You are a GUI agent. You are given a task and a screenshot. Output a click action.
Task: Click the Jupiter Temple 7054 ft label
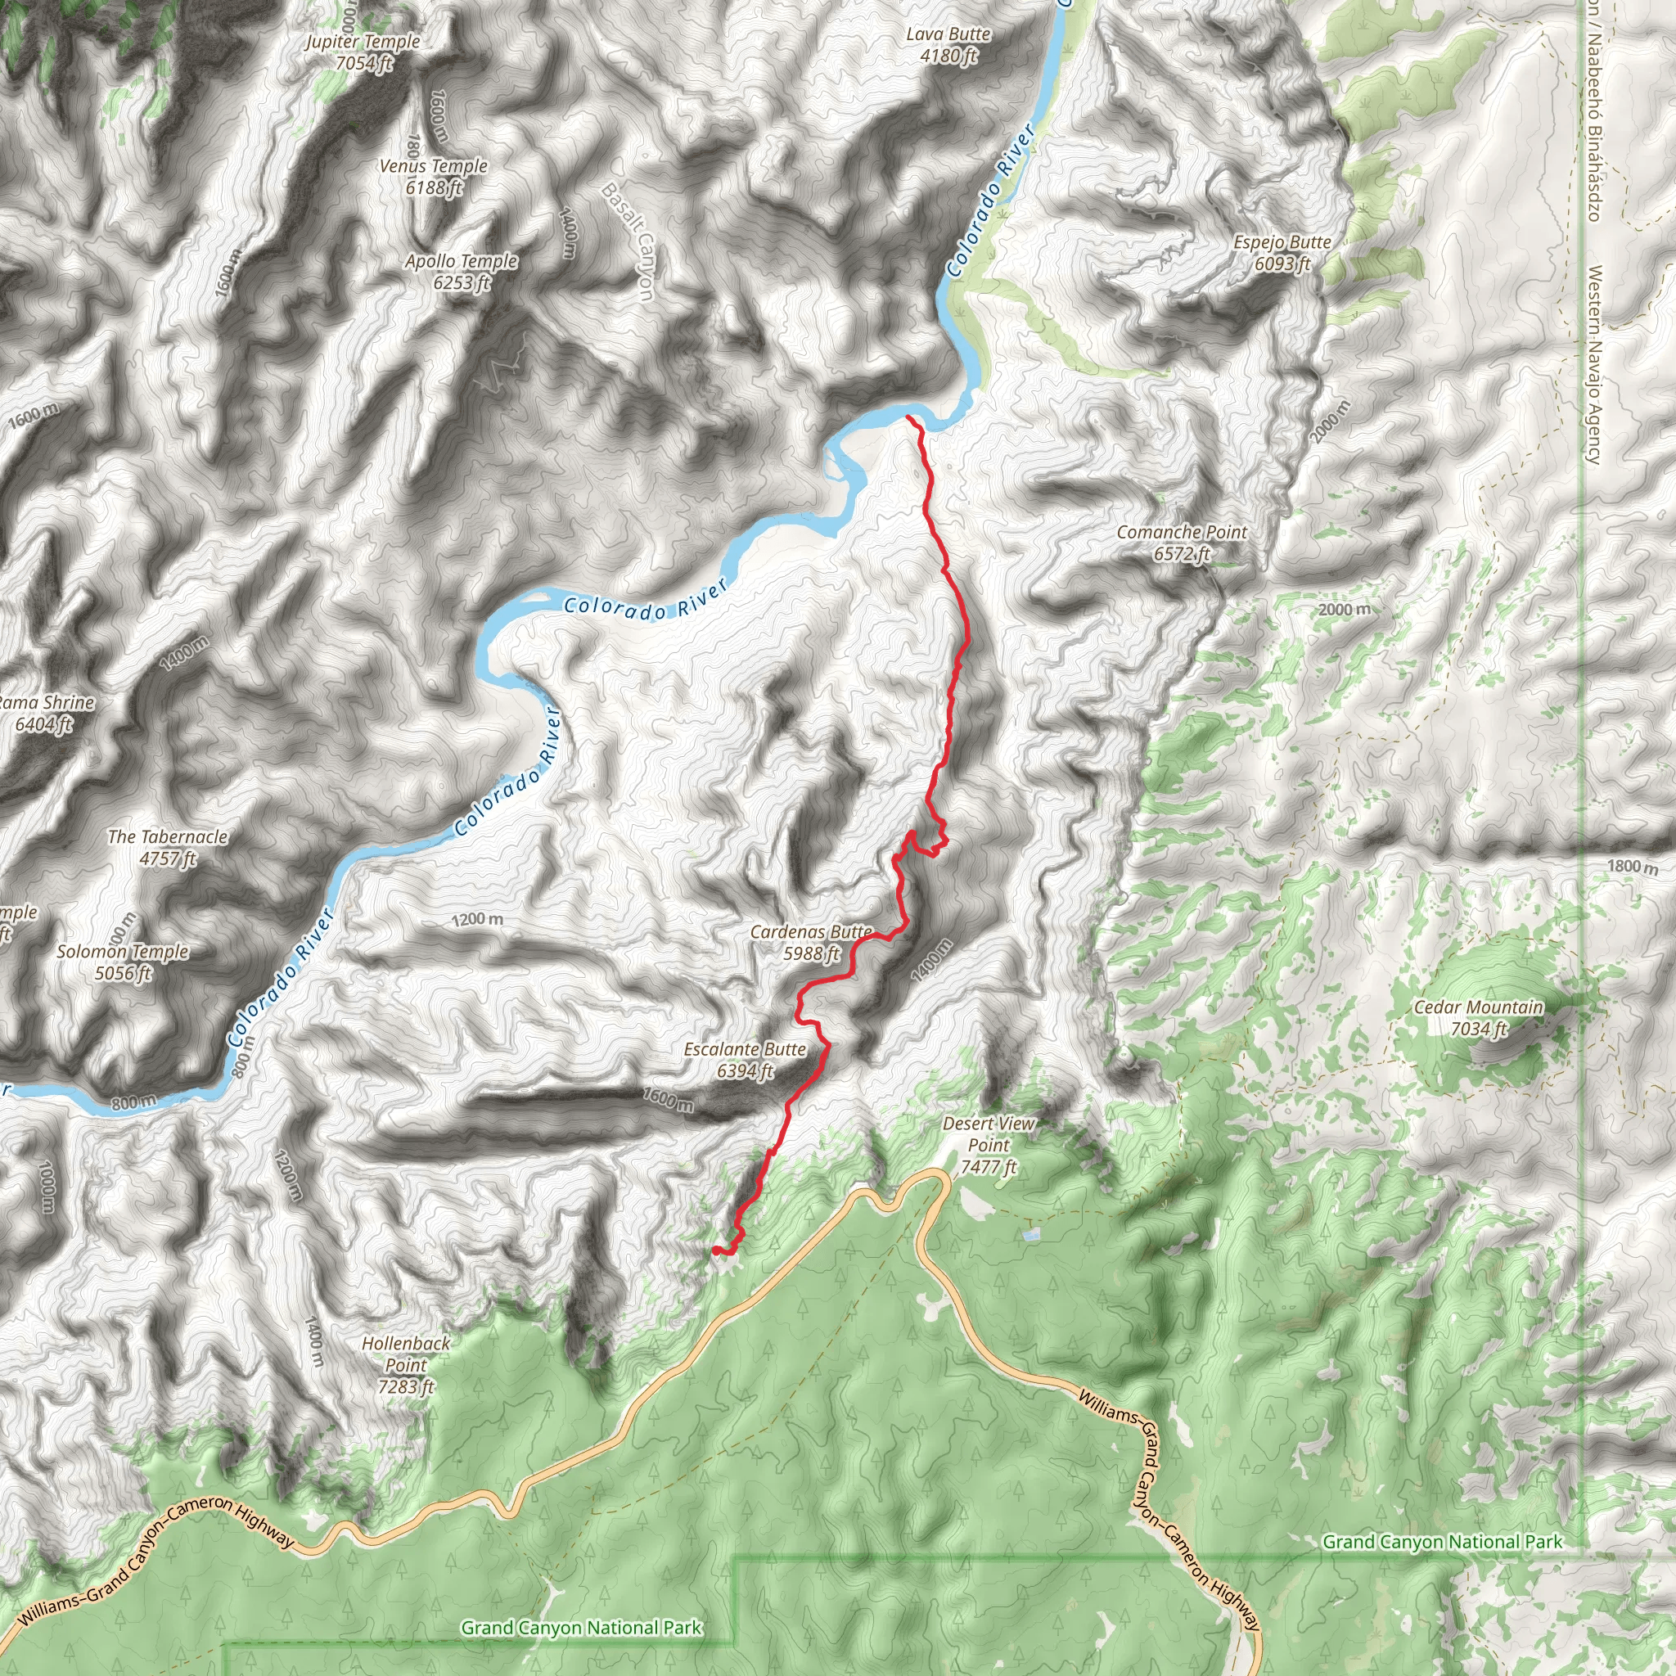[x=363, y=52]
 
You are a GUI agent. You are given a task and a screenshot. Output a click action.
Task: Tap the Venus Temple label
[x=433, y=176]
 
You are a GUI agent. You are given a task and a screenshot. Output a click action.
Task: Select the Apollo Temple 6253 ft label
[x=461, y=272]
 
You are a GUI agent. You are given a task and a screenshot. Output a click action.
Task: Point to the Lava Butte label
[x=948, y=44]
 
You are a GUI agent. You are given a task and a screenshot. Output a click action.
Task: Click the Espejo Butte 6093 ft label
[x=1282, y=252]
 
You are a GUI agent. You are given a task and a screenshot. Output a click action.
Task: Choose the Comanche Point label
[x=1182, y=543]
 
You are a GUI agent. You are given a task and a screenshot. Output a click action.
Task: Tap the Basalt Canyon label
[x=627, y=241]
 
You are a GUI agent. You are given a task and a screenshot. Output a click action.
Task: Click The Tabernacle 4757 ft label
[x=168, y=848]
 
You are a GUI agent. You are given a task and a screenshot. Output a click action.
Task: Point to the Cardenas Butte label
[x=811, y=942]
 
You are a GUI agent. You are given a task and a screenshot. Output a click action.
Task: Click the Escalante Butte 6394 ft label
[x=746, y=1060]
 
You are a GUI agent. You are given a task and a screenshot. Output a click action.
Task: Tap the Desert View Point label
[x=988, y=1145]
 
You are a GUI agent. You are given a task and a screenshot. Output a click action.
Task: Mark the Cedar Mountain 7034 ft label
[x=1478, y=1017]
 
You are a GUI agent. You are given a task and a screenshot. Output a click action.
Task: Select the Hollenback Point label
[x=406, y=1364]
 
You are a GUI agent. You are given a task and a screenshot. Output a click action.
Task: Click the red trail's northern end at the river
[x=908, y=417]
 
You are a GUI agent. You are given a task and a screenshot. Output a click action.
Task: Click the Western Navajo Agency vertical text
[x=1593, y=364]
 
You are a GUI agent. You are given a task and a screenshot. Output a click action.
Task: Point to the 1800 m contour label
[x=1632, y=866]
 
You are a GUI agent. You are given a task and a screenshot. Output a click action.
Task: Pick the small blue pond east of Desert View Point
[x=1029, y=1233]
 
